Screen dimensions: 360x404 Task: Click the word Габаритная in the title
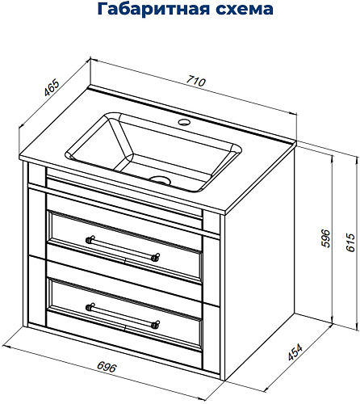point(153,9)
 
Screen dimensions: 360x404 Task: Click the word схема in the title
point(245,10)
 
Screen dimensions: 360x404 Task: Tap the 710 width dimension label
point(196,81)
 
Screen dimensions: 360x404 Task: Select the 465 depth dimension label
point(51,87)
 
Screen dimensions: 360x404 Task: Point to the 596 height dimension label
point(325,238)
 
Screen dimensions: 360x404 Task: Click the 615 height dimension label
point(350,242)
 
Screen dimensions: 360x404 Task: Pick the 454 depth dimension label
point(295,352)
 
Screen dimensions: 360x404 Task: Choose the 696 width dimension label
point(107,367)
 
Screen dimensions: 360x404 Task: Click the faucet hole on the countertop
point(184,122)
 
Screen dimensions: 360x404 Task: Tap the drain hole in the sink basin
point(161,180)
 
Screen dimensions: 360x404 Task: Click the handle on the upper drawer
point(123,248)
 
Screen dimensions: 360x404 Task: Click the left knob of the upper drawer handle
point(90,239)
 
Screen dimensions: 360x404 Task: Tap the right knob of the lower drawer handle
point(156,325)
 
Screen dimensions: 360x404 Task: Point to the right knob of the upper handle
point(156,257)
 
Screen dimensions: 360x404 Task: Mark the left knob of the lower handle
point(90,307)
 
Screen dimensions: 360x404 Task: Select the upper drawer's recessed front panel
point(125,248)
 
